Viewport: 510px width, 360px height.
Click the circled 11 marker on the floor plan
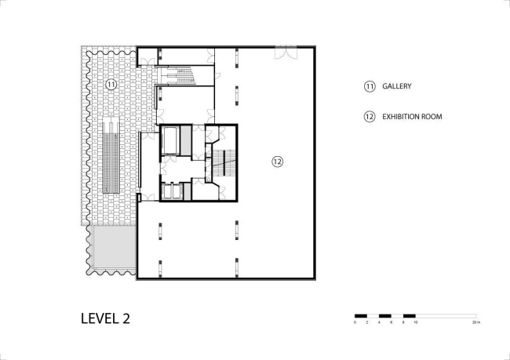point(111,84)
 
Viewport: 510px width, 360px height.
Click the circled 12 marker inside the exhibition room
point(277,162)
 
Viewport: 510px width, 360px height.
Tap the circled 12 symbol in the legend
point(369,117)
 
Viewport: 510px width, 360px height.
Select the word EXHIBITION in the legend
point(403,117)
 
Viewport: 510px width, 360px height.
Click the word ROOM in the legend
point(434,117)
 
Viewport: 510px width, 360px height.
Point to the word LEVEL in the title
point(98,318)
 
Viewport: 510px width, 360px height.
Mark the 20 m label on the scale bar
point(475,322)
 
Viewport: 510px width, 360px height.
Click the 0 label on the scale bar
point(355,322)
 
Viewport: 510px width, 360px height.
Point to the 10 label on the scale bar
point(415,322)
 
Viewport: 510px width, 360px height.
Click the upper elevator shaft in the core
point(169,140)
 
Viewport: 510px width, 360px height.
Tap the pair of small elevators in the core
point(170,191)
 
